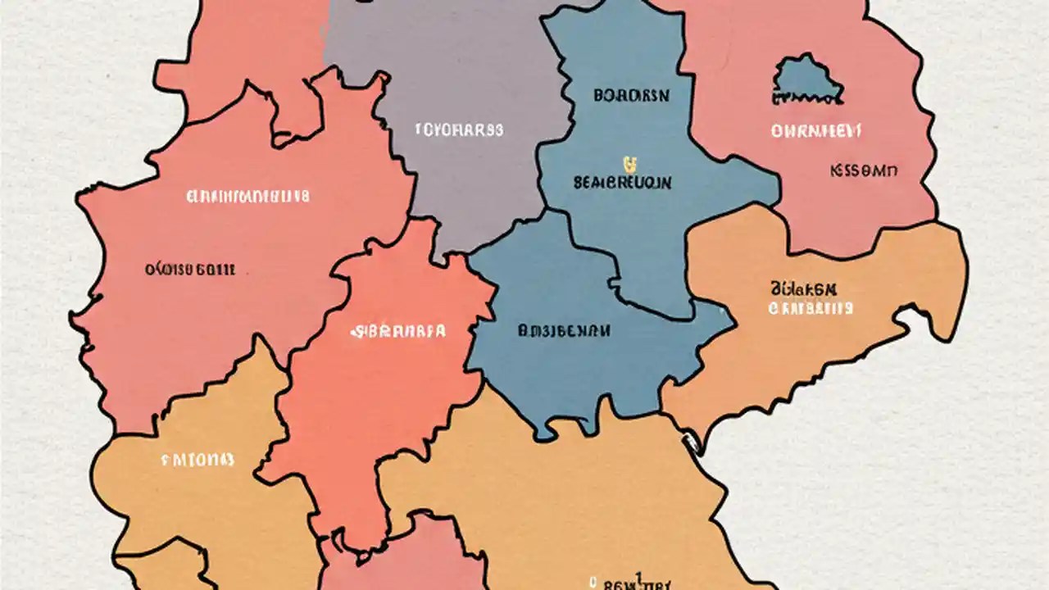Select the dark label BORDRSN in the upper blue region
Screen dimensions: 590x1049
pyautogui.click(x=631, y=96)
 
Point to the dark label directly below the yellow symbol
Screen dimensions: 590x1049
pyautogui.click(x=622, y=183)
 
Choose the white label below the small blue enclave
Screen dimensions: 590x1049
pyautogui.click(x=815, y=130)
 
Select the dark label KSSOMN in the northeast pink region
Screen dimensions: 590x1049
pyautogui.click(x=864, y=171)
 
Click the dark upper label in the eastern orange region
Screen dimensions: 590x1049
pyautogui.click(x=803, y=289)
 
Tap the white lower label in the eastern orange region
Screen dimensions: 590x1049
pyautogui.click(x=810, y=308)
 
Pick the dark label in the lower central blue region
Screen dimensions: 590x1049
pyautogui.click(x=563, y=331)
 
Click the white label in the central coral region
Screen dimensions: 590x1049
pyautogui.click(x=398, y=332)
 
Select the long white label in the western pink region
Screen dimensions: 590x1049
pyautogui.click(x=247, y=197)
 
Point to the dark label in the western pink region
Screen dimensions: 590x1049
pyautogui.click(x=190, y=269)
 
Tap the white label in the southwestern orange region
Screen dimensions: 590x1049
pyautogui.click(x=198, y=460)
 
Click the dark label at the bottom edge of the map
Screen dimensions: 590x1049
pyautogui.click(x=631, y=583)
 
